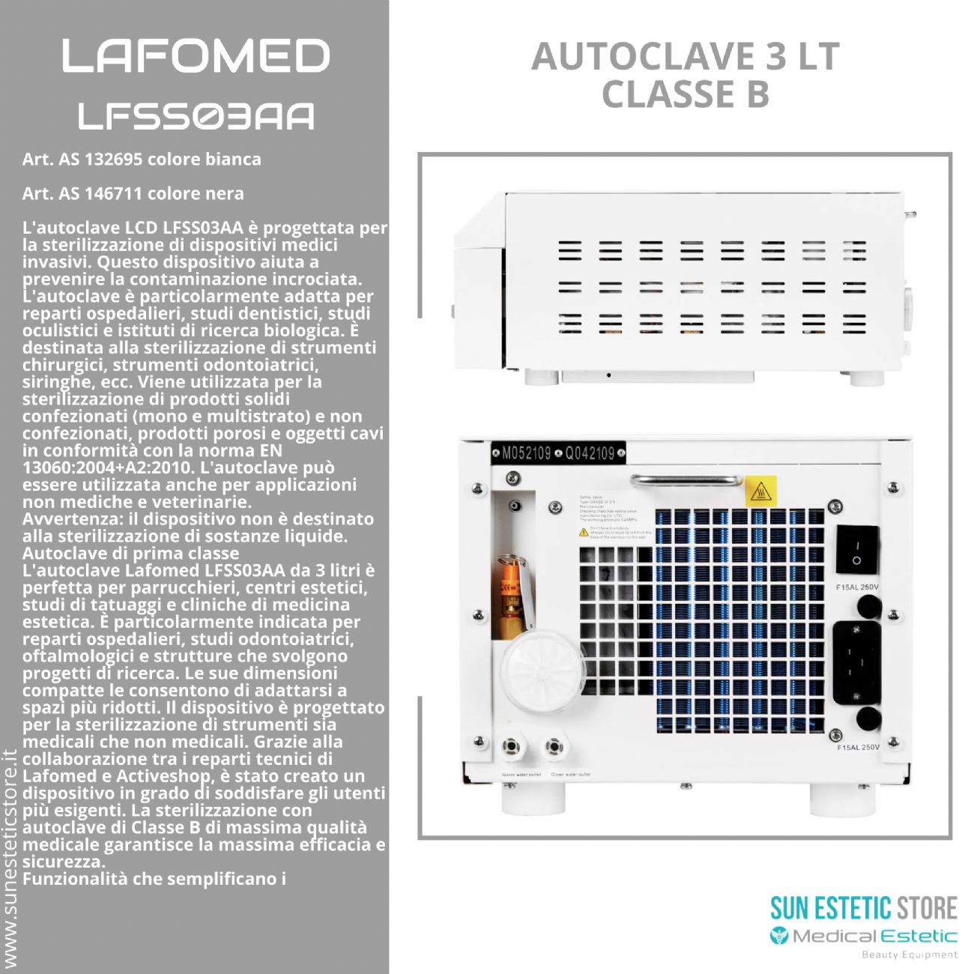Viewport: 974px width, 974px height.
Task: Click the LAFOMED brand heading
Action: point(196,56)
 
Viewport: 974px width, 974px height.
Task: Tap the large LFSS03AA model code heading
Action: point(196,116)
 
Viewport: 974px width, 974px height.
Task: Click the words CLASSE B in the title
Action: point(685,94)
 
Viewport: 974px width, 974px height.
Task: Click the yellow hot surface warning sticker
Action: point(761,491)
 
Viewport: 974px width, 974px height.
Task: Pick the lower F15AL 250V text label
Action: point(857,747)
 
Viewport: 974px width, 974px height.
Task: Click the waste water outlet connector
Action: point(512,746)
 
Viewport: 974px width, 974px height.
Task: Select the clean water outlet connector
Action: point(554,746)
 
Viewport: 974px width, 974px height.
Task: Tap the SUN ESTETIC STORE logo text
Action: point(863,908)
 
